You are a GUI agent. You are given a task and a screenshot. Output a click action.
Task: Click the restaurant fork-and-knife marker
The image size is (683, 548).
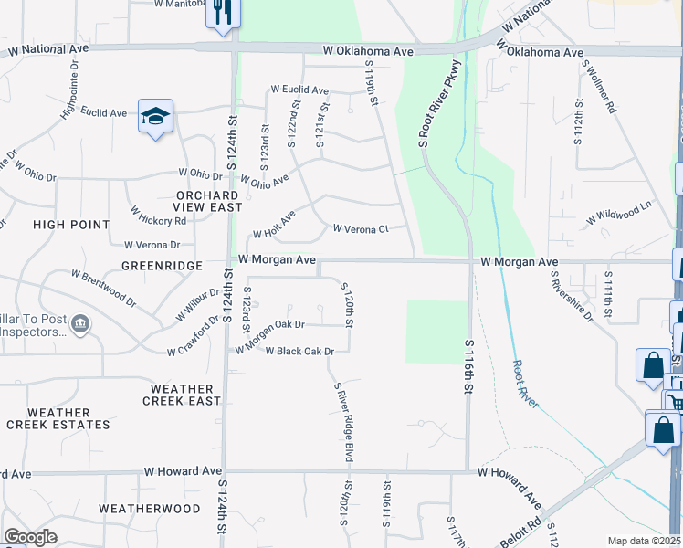point(220,13)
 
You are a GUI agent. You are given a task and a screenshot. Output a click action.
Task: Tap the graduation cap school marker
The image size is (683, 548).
point(155,117)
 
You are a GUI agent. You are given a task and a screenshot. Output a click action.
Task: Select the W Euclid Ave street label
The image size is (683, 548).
point(299,90)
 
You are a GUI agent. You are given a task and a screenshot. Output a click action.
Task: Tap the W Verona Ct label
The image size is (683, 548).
point(361,228)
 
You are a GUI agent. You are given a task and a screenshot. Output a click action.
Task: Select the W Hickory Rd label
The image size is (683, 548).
point(158,215)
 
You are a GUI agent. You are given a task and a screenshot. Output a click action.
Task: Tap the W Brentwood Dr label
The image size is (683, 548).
point(104,287)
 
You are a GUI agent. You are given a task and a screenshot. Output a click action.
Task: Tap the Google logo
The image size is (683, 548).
point(31,537)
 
